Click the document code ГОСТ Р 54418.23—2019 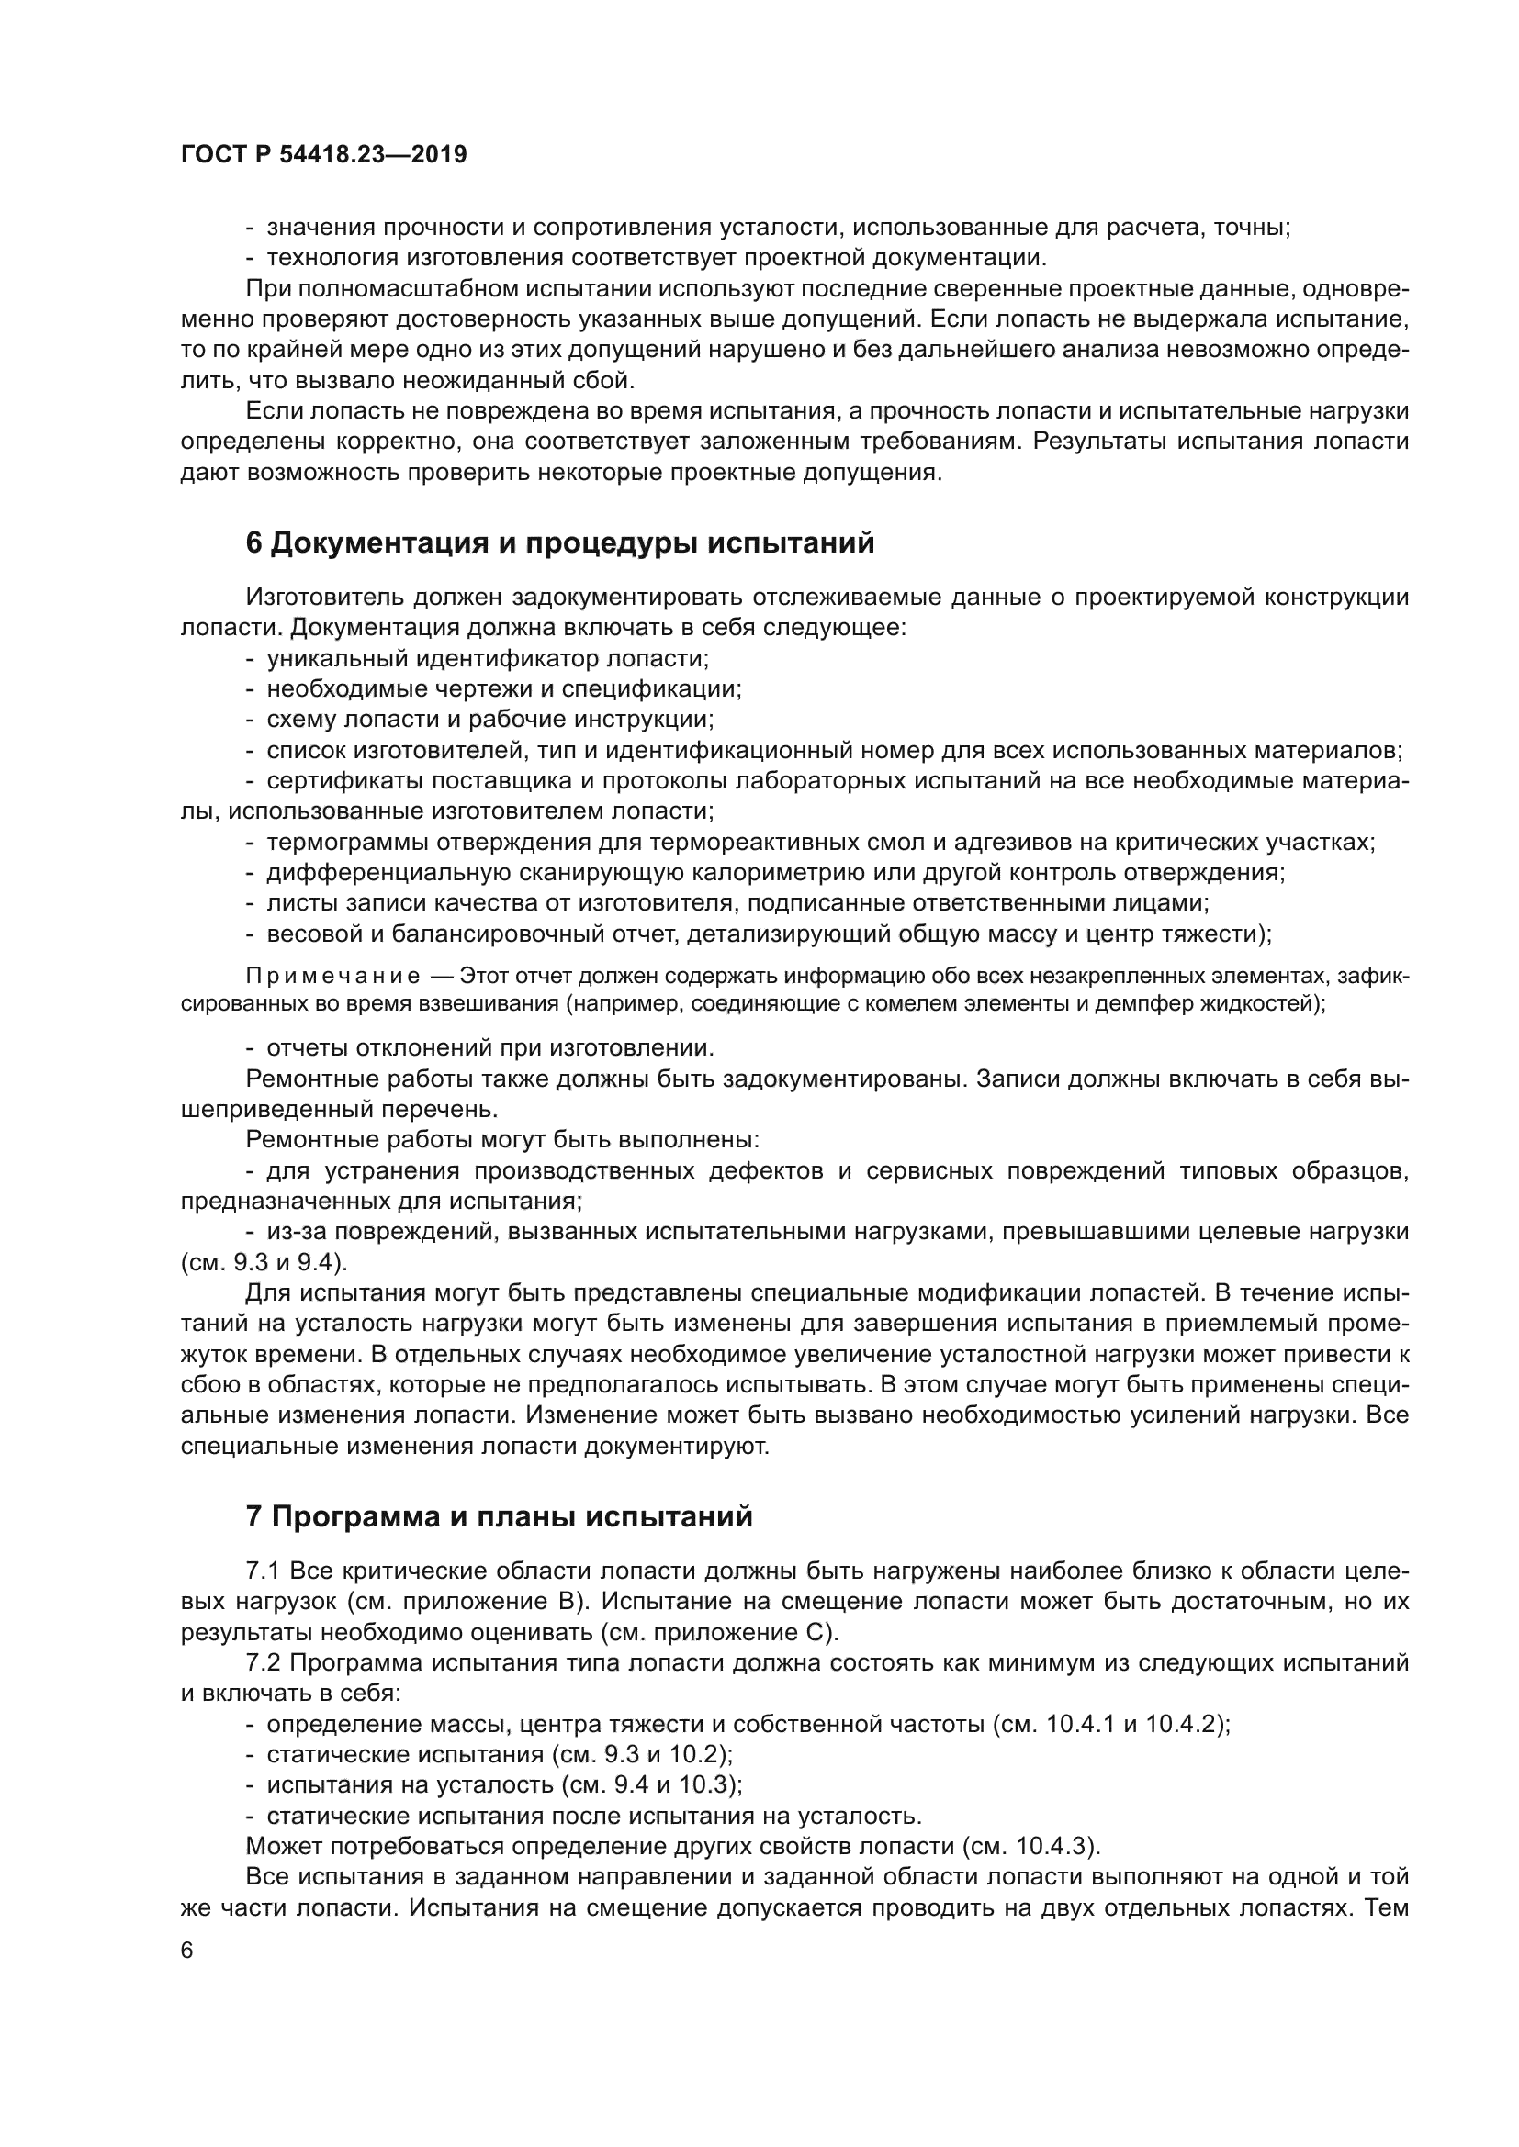click(x=323, y=155)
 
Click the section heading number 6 click(x=253, y=543)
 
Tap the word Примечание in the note click(x=333, y=977)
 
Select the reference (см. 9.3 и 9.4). click(x=264, y=1263)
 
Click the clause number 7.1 click(x=264, y=1570)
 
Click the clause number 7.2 click(x=264, y=1662)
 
